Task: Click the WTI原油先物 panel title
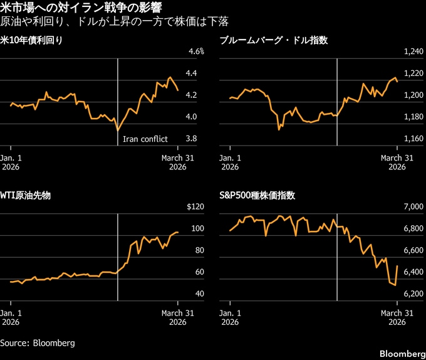[25, 196]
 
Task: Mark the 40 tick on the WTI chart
[192, 294]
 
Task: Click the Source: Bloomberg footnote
[38, 343]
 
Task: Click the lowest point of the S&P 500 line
[395, 286]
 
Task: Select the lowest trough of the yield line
[117, 130]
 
